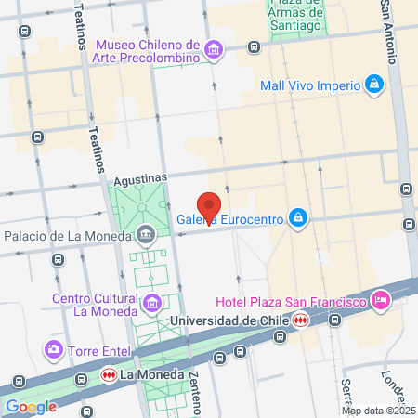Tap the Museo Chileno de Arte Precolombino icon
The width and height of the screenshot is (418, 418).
[x=215, y=50]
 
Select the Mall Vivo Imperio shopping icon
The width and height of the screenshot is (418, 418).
[x=373, y=85]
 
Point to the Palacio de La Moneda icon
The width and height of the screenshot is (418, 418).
[x=146, y=234]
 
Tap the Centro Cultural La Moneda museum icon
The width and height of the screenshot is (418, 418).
[x=151, y=303]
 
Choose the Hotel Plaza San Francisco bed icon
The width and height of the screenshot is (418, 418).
[x=379, y=300]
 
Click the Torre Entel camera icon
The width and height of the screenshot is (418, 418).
[x=54, y=350]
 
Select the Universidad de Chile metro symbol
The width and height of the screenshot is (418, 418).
[x=299, y=320]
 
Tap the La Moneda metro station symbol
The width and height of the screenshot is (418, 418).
[x=109, y=375]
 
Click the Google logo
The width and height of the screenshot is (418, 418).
[x=31, y=406]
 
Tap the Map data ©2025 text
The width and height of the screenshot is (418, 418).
[x=377, y=410]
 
